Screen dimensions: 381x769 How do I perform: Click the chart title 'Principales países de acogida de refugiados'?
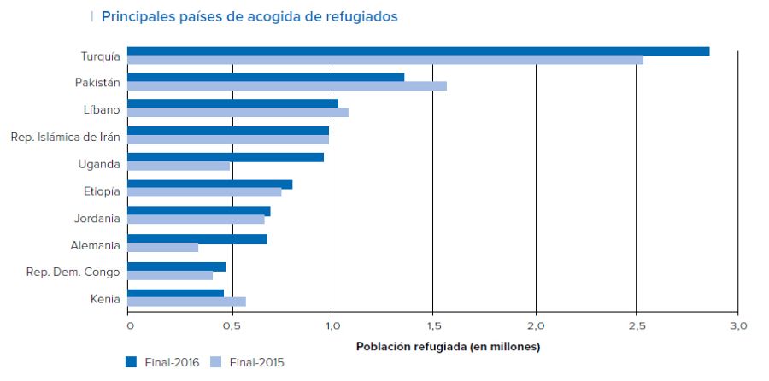[249, 16]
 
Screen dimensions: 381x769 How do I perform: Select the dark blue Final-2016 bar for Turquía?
[419, 51]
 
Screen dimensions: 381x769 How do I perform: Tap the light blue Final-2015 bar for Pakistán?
[287, 86]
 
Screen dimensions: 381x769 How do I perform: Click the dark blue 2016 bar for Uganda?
[226, 157]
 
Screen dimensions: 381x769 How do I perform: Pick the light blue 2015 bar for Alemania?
[163, 248]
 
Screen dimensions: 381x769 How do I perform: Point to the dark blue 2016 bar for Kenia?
[176, 293]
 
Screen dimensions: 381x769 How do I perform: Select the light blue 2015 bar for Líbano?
[238, 113]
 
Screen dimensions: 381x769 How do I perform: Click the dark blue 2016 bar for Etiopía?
[210, 185]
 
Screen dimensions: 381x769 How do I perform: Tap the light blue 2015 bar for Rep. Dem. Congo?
[170, 275]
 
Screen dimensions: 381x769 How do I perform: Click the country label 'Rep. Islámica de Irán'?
[65, 136]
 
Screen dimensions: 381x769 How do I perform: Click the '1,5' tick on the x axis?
[434, 326]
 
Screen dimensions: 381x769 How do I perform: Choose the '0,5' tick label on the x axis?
[232, 326]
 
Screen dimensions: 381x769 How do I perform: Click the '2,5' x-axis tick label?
[637, 326]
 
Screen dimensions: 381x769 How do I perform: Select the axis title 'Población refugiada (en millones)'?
[448, 347]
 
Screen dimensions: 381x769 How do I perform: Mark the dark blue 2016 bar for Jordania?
[199, 211]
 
